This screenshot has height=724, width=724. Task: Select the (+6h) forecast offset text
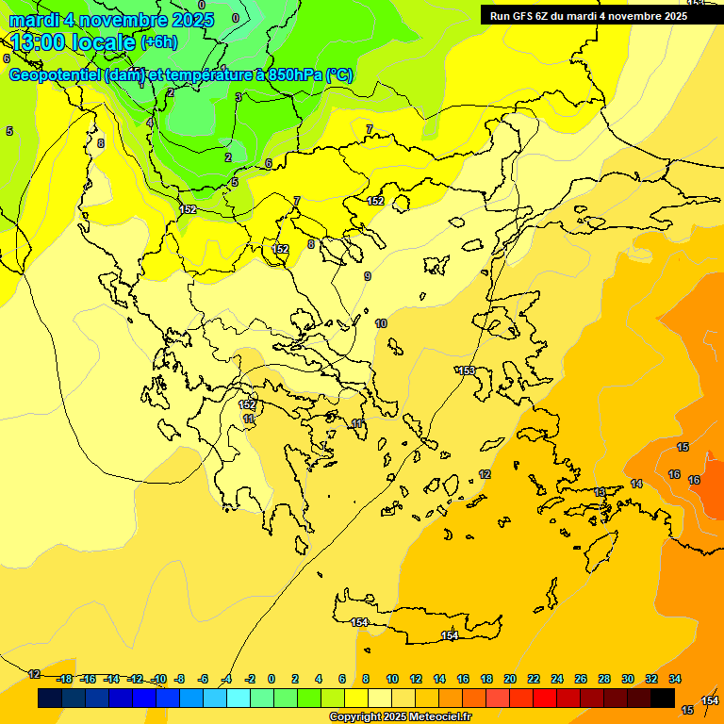pyautogui.click(x=157, y=42)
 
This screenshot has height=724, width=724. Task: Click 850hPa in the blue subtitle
pyautogui.click(x=294, y=75)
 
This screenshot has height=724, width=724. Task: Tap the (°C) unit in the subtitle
pyautogui.click(x=339, y=75)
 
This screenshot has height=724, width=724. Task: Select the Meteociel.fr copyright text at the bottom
pyautogui.click(x=400, y=717)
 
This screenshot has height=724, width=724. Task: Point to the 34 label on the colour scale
pyautogui.click(x=675, y=679)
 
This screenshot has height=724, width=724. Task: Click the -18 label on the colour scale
pyautogui.click(x=64, y=679)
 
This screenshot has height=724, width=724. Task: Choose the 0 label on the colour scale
pyautogui.click(x=271, y=679)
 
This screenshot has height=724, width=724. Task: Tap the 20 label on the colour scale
pyautogui.click(x=509, y=679)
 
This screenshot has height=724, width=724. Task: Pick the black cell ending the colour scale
pyautogui.click(x=663, y=698)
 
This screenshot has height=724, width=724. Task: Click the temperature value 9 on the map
pyautogui.click(x=367, y=276)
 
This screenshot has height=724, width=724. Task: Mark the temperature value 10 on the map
pyautogui.click(x=381, y=323)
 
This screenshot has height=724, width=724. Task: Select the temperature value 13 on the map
pyautogui.click(x=600, y=492)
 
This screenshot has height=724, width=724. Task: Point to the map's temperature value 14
pyautogui.click(x=636, y=484)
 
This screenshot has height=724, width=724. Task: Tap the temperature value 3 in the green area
pyautogui.click(x=239, y=97)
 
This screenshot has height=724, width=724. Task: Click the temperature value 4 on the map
pyautogui.click(x=149, y=123)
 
